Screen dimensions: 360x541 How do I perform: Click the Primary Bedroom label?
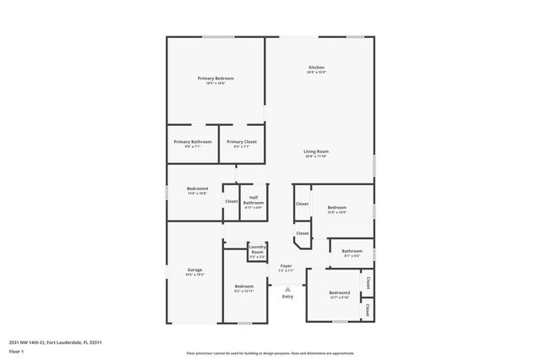click(216, 79)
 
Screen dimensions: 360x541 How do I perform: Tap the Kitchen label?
click(316, 68)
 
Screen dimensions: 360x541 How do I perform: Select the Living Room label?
click(316, 151)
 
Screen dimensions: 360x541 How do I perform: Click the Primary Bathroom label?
click(193, 141)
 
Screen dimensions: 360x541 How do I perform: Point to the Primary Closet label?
click(242, 141)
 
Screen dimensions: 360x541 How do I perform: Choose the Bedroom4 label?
click(197, 189)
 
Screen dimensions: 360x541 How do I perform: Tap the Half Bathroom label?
click(254, 200)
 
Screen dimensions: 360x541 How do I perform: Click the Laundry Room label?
click(257, 249)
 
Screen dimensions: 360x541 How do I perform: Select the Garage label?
click(194, 270)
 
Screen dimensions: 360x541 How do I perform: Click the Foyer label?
click(287, 265)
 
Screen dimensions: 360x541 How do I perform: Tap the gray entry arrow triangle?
click(287, 288)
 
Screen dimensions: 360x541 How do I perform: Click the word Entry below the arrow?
click(287, 296)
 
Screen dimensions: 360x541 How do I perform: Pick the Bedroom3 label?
click(340, 292)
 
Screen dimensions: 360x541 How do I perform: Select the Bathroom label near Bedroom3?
click(352, 250)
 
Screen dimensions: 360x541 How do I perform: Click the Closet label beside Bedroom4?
click(232, 201)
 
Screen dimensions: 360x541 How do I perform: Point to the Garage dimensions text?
click(194, 275)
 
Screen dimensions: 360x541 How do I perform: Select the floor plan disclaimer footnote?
click(270, 352)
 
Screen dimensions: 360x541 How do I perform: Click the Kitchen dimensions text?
click(316, 73)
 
